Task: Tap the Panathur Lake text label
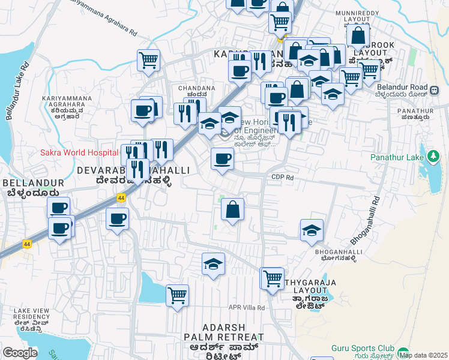click(390, 158)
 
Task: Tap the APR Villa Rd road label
click(246, 307)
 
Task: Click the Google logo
click(20, 353)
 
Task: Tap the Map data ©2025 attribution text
click(423, 355)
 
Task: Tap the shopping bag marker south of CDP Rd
click(232, 211)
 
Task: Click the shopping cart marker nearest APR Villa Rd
click(177, 295)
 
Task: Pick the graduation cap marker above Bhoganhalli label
click(312, 231)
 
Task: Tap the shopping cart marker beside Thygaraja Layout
click(273, 278)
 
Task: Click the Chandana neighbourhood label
click(196, 91)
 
